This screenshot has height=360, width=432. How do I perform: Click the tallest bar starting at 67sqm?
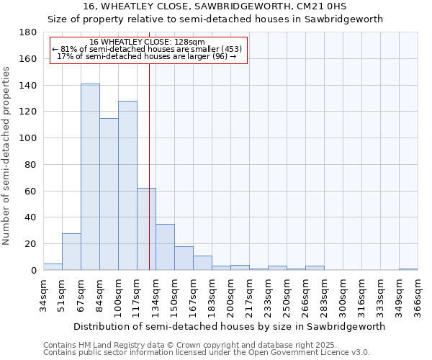pyautogui.click(x=90, y=177)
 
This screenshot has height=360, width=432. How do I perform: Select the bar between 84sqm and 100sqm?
pyautogui.click(x=109, y=194)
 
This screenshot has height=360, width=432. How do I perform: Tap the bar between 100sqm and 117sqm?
pyautogui.click(x=127, y=186)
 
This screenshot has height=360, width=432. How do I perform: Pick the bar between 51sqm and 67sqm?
pyautogui.click(x=71, y=252)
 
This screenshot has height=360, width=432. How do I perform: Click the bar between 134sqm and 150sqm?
pyautogui.click(x=165, y=247)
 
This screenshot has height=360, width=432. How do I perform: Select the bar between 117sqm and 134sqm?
pyautogui.click(x=146, y=229)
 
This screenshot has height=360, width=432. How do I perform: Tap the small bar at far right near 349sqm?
pyautogui.click(x=408, y=269)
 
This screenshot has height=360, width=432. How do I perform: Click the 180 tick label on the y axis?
pyautogui.click(x=28, y=32)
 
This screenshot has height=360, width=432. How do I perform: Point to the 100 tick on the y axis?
pyautogui.click(x=28, y=138)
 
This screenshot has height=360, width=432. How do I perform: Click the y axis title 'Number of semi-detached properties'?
pyautogui.click(x=7, y=155)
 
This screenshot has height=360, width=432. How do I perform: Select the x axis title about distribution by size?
pyautogui.click(x=229, y=326)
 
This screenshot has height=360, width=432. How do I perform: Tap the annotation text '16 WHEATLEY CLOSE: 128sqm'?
pyautogui.click(x=148, y=42)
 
